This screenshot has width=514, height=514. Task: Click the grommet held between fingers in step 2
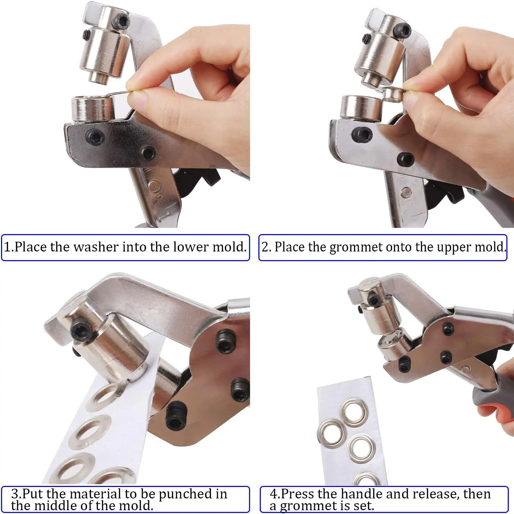coord(394,94)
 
